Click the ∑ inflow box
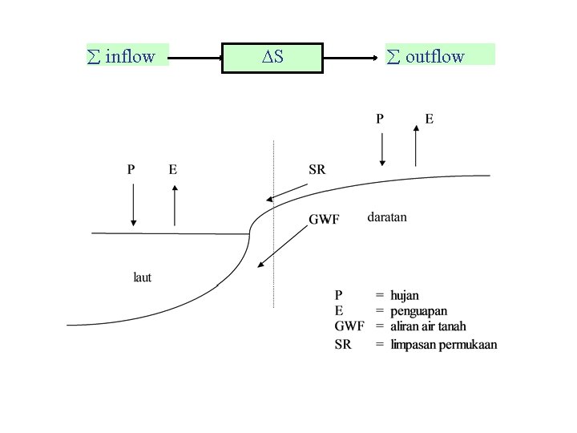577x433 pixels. point(127,55)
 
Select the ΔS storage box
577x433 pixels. point(272,57)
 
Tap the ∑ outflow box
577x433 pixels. point(439,55)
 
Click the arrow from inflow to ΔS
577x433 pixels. point(196,58)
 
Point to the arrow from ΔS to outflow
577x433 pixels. point(353,58)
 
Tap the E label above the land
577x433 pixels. point(430,119)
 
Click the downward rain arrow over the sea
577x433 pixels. point(134,204)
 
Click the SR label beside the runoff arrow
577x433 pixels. point(317,169)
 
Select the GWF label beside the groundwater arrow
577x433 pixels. point(325,219)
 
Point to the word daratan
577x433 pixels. point(387,216)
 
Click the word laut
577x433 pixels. point(142,277)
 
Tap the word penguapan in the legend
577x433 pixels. point(418,311)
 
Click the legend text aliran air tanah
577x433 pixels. point(428,326)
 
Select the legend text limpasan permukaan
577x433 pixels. point(443,344)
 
